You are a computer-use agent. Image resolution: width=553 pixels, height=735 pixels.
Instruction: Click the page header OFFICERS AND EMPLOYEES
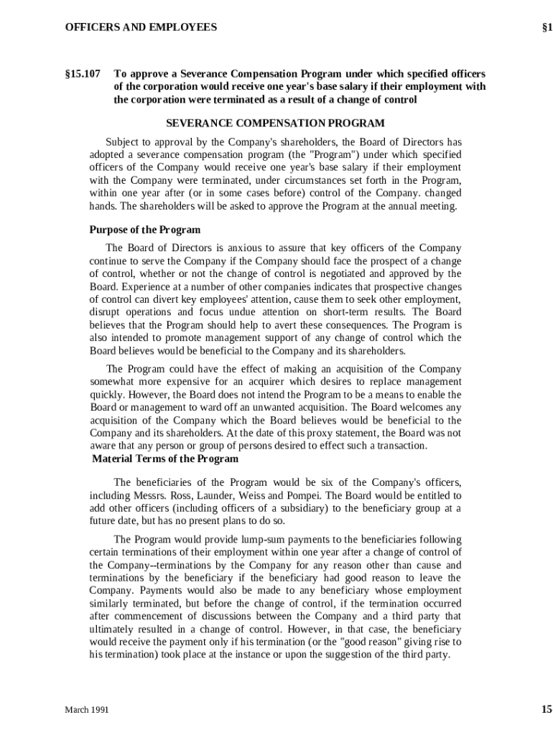click(x=141, y=28)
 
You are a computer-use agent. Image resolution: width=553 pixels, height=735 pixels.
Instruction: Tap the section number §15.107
click(x=83, y=74)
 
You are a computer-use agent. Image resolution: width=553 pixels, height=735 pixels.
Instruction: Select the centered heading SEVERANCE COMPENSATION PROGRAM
click(x=275, y=123)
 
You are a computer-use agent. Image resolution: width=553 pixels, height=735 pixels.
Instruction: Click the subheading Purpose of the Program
click(x=144, y=230)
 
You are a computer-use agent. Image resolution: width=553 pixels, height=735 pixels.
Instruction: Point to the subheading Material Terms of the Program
click(x=165, y=459)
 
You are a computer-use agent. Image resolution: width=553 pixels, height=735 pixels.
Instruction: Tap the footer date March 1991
click(x=87, y=710)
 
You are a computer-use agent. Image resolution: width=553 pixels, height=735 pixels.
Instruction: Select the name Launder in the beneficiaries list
click(x=214, y=495)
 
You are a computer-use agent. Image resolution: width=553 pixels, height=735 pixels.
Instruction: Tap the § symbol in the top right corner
click(x=545, y=28)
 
